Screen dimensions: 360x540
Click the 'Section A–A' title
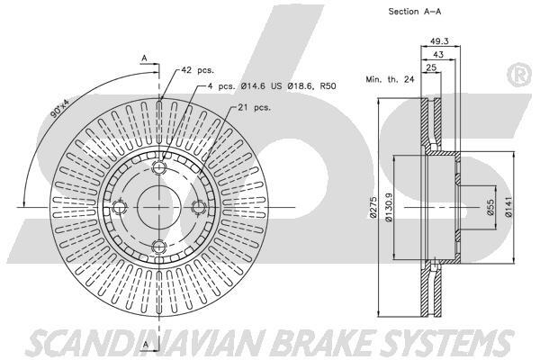tap(415, 12)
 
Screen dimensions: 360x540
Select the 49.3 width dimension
tap(440, 41)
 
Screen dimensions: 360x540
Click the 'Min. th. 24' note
tap(390, 80)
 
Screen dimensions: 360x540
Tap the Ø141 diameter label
tap(509, 208)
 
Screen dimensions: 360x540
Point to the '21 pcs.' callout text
tap(256, 108)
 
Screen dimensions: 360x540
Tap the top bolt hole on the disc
tap(159, 168)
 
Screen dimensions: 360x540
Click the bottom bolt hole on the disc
tap(159, 247)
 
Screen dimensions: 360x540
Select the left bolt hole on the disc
tap(120, 208)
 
